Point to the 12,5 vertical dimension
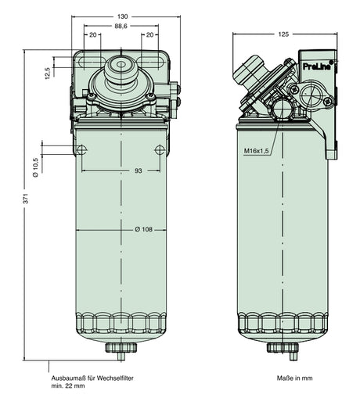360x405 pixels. pos(49,73)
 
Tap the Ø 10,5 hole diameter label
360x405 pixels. pos(36,162)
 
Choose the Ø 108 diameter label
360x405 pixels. pos(143,229)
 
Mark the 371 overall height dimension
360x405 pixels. pos(26,201)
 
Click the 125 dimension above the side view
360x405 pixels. pos(284,34)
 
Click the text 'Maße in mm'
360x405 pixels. pos(294,378)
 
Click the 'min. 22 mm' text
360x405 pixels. pos(68,386)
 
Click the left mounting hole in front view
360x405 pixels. pos(82,150)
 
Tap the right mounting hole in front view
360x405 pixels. pos(160,150)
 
